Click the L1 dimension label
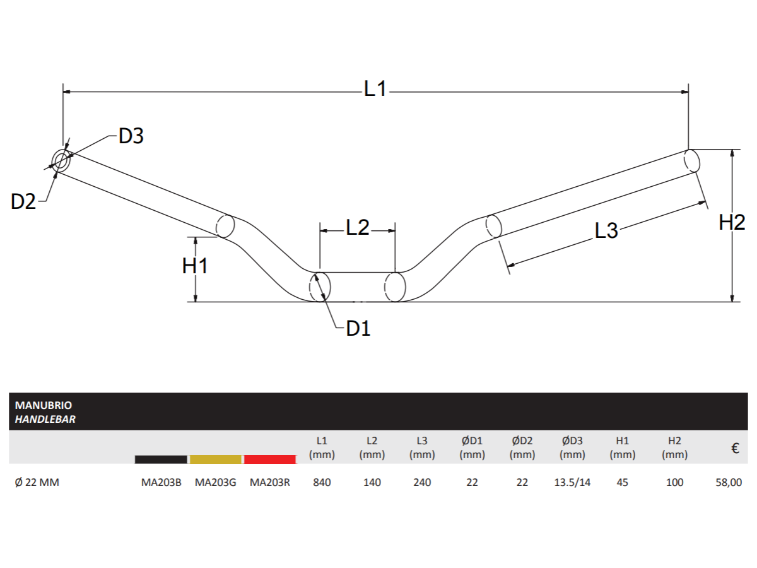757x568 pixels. pyautogui.click(x=375, y=89)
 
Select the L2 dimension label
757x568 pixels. pyautogui.click(x=358, y=228)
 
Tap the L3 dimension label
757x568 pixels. pyautogui.click(x=606, y=231)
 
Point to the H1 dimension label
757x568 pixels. pyautogui.click(x=195, y=266)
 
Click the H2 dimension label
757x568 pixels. pyautogui.click(x=732, y=222)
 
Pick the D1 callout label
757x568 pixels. pyautogui.click(x=358, y=328)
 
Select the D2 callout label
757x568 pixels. pyautogui.click(x=24, y=201)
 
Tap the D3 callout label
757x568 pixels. pyautogui.click(x=131, y=136)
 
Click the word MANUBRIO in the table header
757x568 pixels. pyautogui.click(x=44, y=406)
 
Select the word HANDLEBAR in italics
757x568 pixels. pyautogui.click(x=45, y=419)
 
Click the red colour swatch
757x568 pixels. pyautogui.click(x=270, y=459)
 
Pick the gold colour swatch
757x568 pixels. pyautogui.click(x=216, y=459)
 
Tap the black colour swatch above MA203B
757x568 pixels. pyautogui.click(x=161, y=459)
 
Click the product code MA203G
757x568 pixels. pyautogui.click(x=215, y=483)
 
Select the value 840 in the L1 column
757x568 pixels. pyautogui.click(x=322, y=483)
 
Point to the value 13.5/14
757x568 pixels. pyautogui.click(x=572, y=483)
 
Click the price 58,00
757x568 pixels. pyautogui.click(x=729, y=483)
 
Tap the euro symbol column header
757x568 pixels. pyautogui.click(x=735, y=449)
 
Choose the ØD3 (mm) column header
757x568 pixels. pyautogui.click(x=572, y=447)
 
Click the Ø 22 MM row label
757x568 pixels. pyautogui.click(x=37, y=483)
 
